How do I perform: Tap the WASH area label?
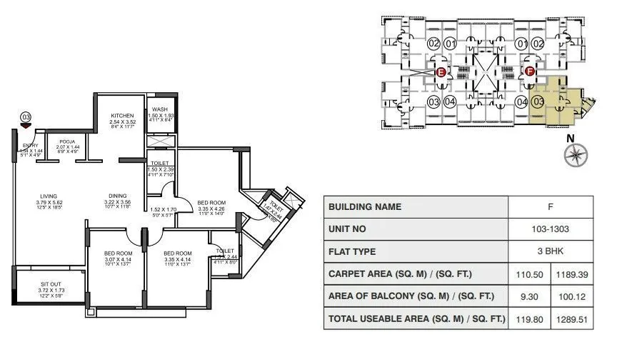(x=160, y=109)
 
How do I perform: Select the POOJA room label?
(x=67, y=141)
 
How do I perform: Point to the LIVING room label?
(x=49, y=194)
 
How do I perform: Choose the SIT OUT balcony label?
(x=49, y=283)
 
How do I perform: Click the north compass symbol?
(x=575, y=154)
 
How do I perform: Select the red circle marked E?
(x=441, y=72)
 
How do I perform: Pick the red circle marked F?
(x=530, y=71)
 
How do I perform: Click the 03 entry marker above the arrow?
(x=26, y=116)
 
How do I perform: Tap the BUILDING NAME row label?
(x=364, y=207)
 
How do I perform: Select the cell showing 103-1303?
(x=550, y=229)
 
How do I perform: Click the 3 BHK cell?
(x=550, y=251)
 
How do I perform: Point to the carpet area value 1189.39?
(x=571, y=274)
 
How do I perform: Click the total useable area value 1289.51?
(x=571, y=319)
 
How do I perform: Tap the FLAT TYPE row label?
(x=354, y=251)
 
